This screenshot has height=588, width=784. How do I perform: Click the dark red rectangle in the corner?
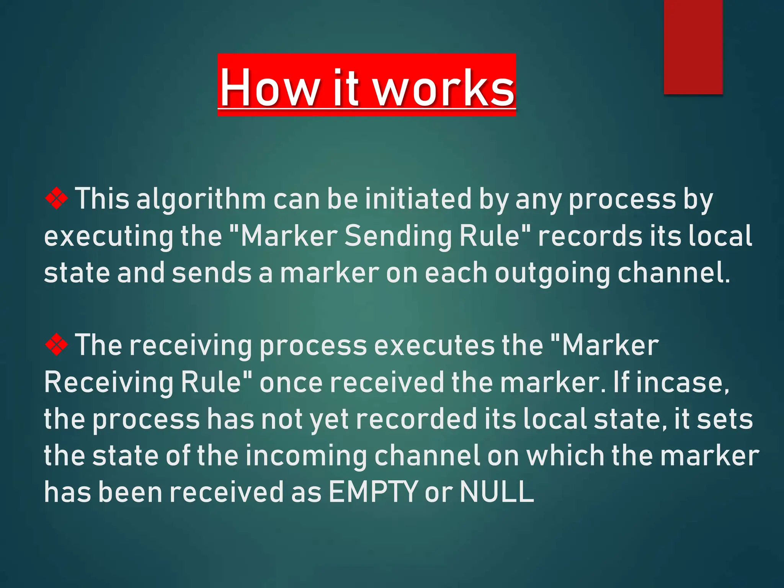(693, 46)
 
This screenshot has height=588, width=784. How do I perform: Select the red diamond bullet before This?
(57, 198)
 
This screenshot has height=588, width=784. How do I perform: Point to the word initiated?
(418, 199)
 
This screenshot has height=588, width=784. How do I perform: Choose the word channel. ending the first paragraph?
(674, 273)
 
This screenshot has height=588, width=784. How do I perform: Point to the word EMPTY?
(373, 492)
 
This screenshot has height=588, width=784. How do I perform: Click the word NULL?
(497, 492)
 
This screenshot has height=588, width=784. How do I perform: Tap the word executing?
(109, 237)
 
